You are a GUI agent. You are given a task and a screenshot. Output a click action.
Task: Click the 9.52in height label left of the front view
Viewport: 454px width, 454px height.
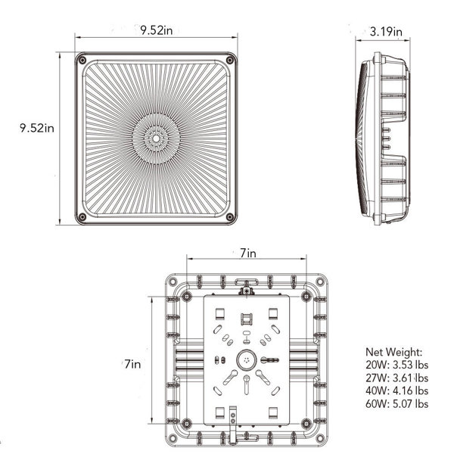tap(26, 128)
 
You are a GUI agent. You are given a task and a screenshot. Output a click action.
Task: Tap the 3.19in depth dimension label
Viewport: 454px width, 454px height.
tap(386, 32)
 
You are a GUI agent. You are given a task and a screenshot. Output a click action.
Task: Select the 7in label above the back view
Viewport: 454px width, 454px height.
tap(246, 254)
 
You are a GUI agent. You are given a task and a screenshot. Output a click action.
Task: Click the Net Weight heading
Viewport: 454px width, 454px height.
tap(394, 352)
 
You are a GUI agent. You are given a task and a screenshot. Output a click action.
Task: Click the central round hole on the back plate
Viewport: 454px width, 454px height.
tap(245, 360)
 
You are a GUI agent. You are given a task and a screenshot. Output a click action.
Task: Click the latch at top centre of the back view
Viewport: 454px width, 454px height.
tap(245, 287)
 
